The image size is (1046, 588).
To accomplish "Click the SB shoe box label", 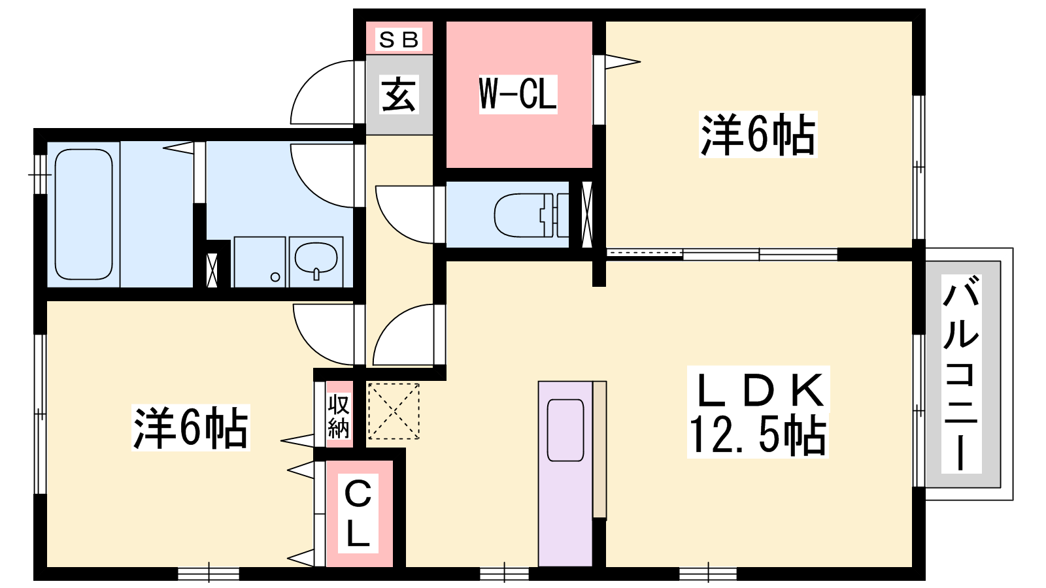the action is pos(398,40).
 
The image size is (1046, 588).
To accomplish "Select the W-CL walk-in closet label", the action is pos(518,94).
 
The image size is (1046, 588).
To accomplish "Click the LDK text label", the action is pos(760,391).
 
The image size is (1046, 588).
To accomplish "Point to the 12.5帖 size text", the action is pos(758,434).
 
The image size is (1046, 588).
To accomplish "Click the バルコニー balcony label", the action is pos(961,373).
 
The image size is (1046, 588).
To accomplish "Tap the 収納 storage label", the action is pos(339,416).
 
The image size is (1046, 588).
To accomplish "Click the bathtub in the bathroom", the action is pos(84,214).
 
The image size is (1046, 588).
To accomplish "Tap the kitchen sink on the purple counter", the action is pos(565,430).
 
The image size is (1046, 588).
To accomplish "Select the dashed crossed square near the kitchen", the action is pos(394,411).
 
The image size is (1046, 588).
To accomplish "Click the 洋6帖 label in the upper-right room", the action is pos(758,135).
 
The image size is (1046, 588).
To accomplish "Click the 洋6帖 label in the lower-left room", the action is pos(190,427).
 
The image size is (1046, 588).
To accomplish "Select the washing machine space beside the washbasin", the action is pos(260,262).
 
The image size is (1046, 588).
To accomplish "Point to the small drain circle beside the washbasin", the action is pos(275,277).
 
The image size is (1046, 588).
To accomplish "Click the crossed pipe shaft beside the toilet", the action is pos(586,214).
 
